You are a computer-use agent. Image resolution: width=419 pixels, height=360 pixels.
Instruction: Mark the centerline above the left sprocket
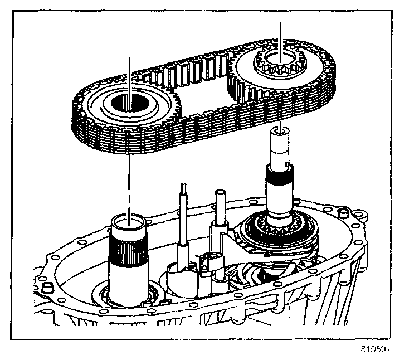point(129,72)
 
